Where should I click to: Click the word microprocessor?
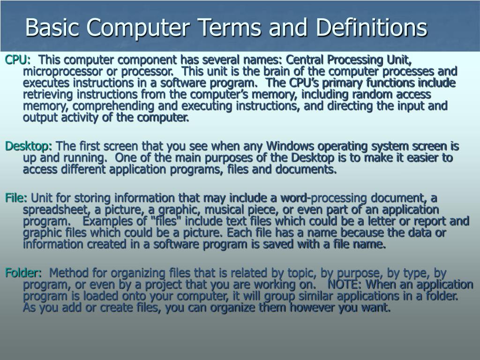[x=58, y=72]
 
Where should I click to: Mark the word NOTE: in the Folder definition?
[x=345, y=285]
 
